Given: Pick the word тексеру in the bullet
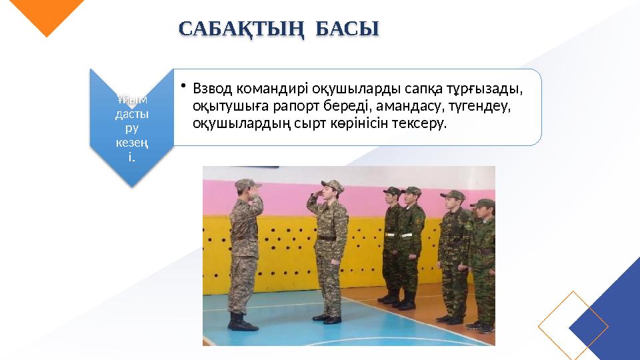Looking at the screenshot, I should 422,123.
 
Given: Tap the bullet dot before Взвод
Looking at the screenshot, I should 184,86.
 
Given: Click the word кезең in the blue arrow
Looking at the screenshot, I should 131,144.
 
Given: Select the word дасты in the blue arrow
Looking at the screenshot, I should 131,115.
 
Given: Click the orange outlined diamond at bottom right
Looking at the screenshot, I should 573,325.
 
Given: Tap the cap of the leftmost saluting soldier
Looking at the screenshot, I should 246,183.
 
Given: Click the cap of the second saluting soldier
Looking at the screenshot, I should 331,185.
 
